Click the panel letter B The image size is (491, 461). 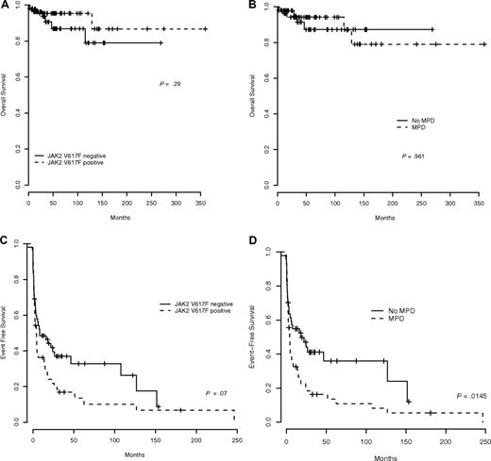261,7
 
